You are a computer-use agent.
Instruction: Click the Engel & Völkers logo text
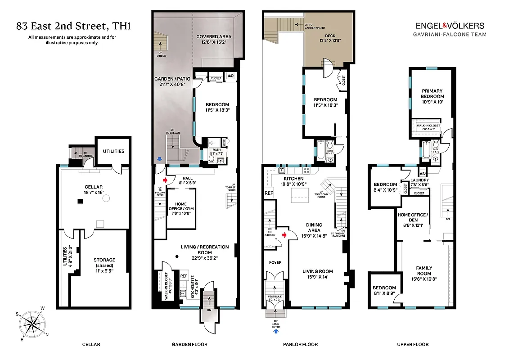[450, 26]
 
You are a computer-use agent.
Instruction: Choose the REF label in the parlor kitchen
[269, 193]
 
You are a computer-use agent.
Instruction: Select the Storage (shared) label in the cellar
[104, 262]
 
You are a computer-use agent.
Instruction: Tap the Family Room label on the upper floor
[424, 270]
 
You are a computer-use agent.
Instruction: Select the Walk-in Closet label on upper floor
[428, 126]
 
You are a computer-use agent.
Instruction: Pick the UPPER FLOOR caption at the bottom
[412, 345]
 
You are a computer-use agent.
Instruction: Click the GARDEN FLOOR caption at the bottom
[189, 345]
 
